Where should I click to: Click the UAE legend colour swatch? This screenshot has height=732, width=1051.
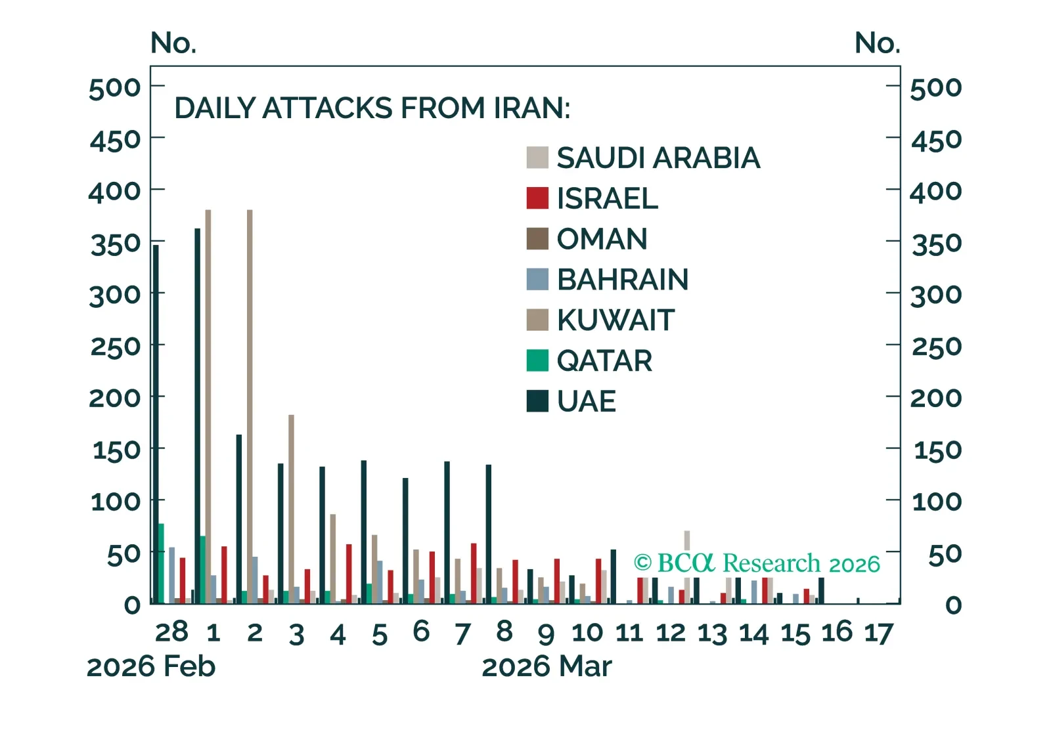tap(537, 401)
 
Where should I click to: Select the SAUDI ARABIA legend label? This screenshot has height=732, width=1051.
tap(658, 158)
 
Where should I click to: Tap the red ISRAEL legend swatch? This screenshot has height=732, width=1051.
tap(537, 198)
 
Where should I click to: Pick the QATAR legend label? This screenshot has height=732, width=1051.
tap(604, 361)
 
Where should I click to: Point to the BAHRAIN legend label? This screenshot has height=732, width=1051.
tap(623, 280)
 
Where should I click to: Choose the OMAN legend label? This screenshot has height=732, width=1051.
tap(602, 239)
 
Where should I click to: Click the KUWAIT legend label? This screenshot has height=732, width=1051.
tap(615, 320)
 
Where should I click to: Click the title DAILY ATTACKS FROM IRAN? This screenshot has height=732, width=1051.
tap(372, 108)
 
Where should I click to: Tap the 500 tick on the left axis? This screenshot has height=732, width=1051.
tap(115, 88)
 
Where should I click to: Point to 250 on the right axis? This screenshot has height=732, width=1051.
tap(936, 346)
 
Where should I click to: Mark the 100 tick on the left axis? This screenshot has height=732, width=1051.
tap(116, 502)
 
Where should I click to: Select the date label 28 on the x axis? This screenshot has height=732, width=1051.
tap(171, 632)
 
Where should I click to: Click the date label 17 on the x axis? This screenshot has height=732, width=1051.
tap(878, 634)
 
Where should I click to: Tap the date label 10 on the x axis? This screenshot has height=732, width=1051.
tap(587, 633)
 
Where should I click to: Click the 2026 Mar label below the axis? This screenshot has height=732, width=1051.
tap(547, 667)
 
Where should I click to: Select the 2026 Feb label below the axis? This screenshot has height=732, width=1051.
tap(151, 667)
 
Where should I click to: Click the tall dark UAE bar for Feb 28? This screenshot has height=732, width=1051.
tap(156, 423)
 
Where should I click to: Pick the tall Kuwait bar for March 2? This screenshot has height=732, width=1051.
tap(250, 407)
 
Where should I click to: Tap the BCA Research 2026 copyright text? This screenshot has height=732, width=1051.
tap(757, 563)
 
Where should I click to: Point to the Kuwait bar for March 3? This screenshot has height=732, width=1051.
tap(291, 509)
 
